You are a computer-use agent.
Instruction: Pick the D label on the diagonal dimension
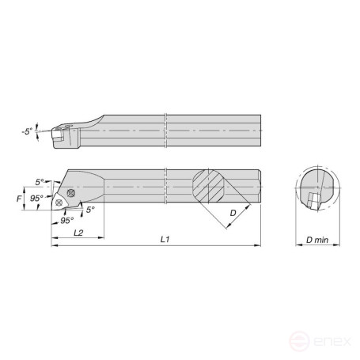pos(233,214)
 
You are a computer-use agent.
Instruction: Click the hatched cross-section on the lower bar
pos(211,189)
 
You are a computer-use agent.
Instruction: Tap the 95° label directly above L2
pos(67,220)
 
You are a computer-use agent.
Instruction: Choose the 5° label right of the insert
pos(90,210)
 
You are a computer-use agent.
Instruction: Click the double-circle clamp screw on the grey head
pos(71,193)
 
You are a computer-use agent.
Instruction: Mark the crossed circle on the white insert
pos(60,203)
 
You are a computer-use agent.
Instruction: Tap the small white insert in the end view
pos(313,202)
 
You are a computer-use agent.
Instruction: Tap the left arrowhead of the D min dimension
pos(297,245)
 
